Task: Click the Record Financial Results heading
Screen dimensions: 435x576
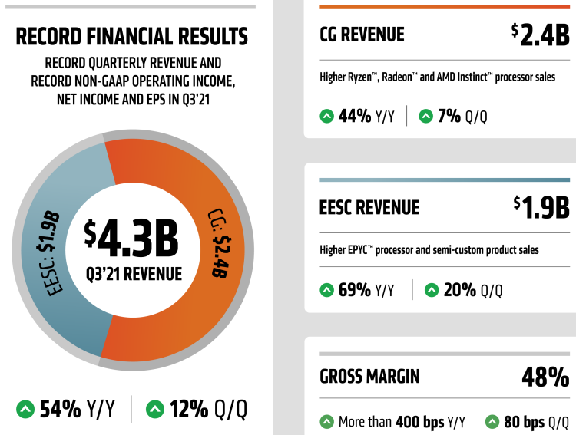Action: pos(132,37)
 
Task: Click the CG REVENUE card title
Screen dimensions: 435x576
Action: pos(362,35)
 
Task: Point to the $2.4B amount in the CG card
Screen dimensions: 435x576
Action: pos(540,34)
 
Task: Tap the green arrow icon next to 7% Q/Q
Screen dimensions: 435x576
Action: pos(425,117)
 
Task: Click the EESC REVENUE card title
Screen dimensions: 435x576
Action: pos(369,207)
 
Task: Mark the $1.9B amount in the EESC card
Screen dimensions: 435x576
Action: pos(541,206)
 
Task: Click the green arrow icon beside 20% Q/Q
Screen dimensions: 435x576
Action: pos(431,290)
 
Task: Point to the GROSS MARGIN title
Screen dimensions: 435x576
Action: pos(369,377)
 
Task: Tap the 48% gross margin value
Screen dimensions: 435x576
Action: pos(545,377)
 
